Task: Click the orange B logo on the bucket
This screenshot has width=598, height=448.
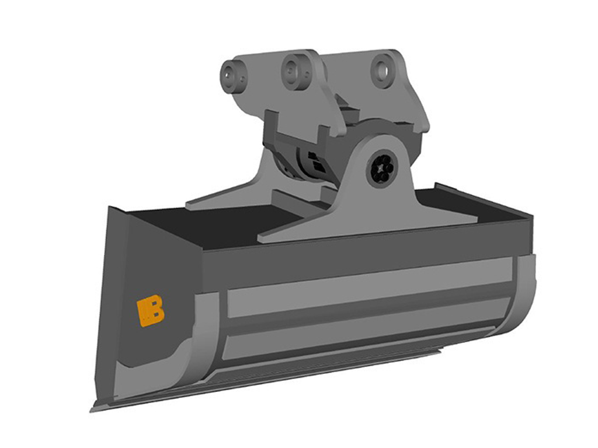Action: coord(150,311)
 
